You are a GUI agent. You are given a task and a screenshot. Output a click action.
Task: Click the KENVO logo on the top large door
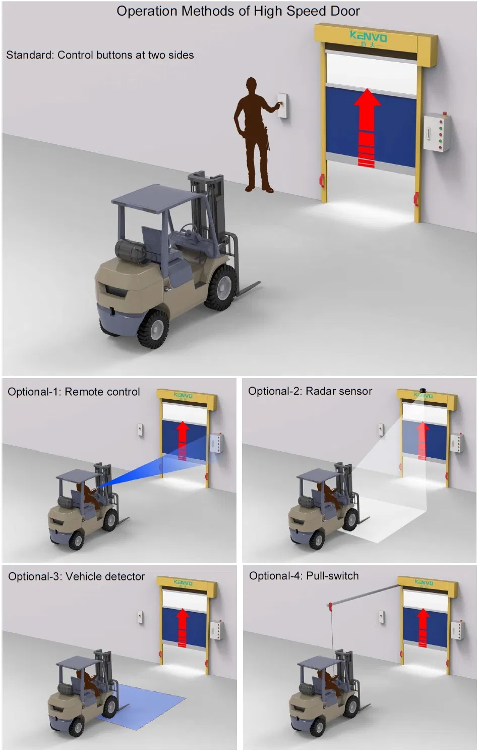(369, 37)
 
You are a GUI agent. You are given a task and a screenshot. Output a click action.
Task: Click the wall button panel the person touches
(284, 106)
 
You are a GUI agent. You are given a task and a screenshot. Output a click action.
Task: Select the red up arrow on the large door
(367, 126)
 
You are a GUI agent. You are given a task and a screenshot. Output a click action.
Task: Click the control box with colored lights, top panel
(436, 132)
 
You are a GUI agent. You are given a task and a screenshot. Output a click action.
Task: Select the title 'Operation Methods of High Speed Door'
(238, 11)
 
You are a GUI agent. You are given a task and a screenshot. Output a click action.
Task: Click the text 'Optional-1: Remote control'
(74, 392)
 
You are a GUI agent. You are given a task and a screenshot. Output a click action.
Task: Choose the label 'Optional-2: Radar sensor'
(310, 391)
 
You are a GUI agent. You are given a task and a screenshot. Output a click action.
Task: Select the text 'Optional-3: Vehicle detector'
(76, 576)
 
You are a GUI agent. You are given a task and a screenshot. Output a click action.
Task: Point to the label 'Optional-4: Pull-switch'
(304, 576)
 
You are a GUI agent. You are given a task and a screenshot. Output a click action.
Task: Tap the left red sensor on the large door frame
(322, 179)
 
